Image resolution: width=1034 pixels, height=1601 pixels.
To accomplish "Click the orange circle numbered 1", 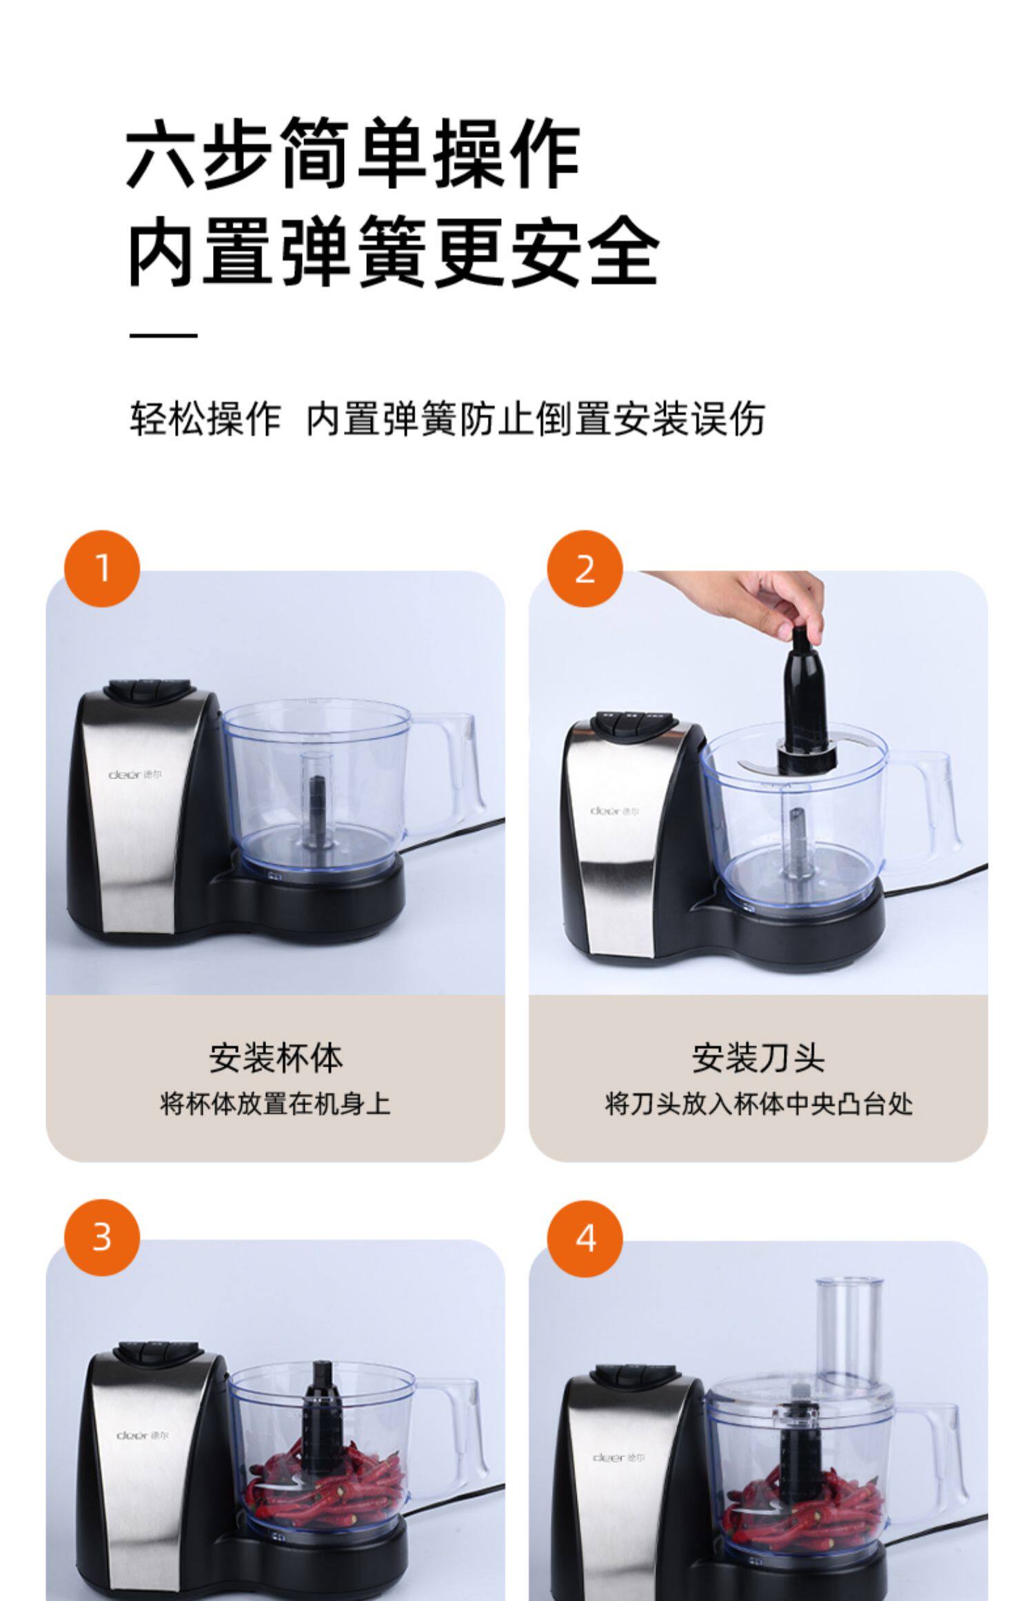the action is coord(102,568).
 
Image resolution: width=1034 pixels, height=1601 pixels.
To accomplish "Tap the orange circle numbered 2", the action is coord(585,568).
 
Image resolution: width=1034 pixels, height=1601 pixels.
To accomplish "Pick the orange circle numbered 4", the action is coord(585,1238).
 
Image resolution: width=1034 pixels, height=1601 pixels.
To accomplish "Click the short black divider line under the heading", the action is coord(163,336).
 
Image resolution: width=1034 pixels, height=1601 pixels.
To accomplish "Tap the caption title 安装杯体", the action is coord(276,1058).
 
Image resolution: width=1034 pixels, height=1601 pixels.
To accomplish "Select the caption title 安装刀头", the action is coord(758,1058).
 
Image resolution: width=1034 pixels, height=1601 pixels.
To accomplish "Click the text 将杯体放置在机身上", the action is coord(276,1103).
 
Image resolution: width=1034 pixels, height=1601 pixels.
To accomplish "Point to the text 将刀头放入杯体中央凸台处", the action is coord(759,1103).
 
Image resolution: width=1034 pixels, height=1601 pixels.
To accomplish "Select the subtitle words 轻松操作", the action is coord(205,419).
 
